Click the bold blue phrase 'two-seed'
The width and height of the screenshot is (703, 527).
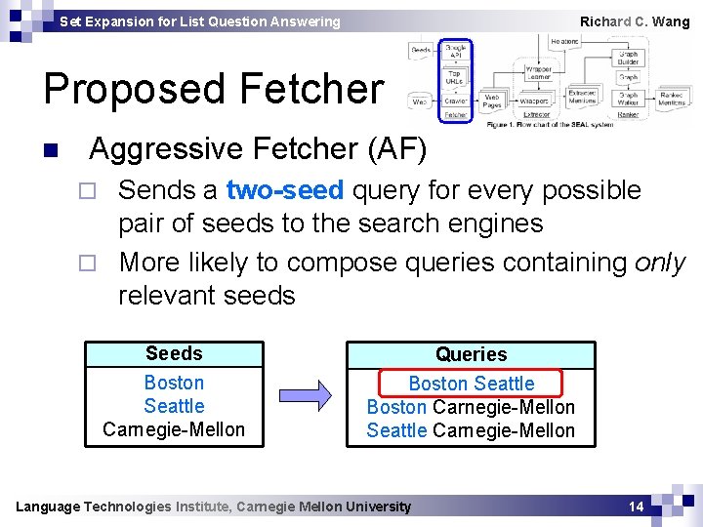[x=284, y=189]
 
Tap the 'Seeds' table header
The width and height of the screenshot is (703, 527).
[x=174, y=353]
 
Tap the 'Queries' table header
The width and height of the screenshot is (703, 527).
[x=471, y=354]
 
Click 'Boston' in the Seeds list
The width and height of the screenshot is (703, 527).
[x=174, y=383]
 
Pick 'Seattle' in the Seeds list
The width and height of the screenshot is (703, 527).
[x=174, y=406]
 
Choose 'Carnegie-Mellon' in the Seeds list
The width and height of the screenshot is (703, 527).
[x=174, y=429]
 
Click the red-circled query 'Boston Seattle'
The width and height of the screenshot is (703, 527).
[x=472, y=384]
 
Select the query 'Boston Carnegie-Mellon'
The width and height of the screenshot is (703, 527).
[x=471, y=407]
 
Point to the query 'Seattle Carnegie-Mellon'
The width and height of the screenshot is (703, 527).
[x=471, y=430]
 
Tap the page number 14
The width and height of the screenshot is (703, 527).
[x=636, y=507]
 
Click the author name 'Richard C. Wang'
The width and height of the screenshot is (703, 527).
[x=635, y=21]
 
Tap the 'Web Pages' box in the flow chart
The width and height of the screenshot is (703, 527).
[x=494, y=100]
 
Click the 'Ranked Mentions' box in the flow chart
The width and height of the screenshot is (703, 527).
[x=672, y=99]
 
